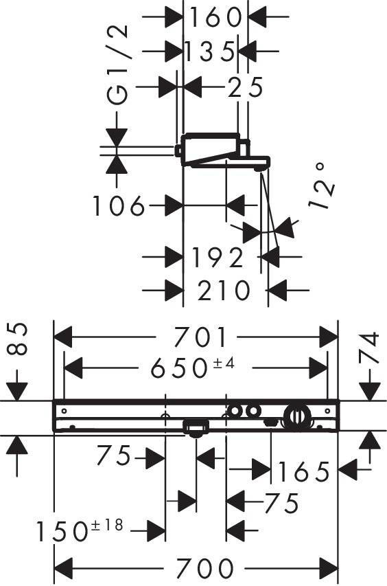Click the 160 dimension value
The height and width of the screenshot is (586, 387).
[x=215, y=17]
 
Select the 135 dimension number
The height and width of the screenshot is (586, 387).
[x=210, y=52]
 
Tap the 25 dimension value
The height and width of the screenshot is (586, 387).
[x=245, y=87]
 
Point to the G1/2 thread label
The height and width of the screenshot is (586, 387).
[x=117, y=65]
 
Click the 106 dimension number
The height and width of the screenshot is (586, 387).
[x=118, y=205]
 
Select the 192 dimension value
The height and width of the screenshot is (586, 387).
[x=218, y=257]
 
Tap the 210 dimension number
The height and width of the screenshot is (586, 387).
[x=223, y=291]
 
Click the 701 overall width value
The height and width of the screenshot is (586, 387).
[x=201, y=337]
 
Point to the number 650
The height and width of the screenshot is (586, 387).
[x=178, y=368]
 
